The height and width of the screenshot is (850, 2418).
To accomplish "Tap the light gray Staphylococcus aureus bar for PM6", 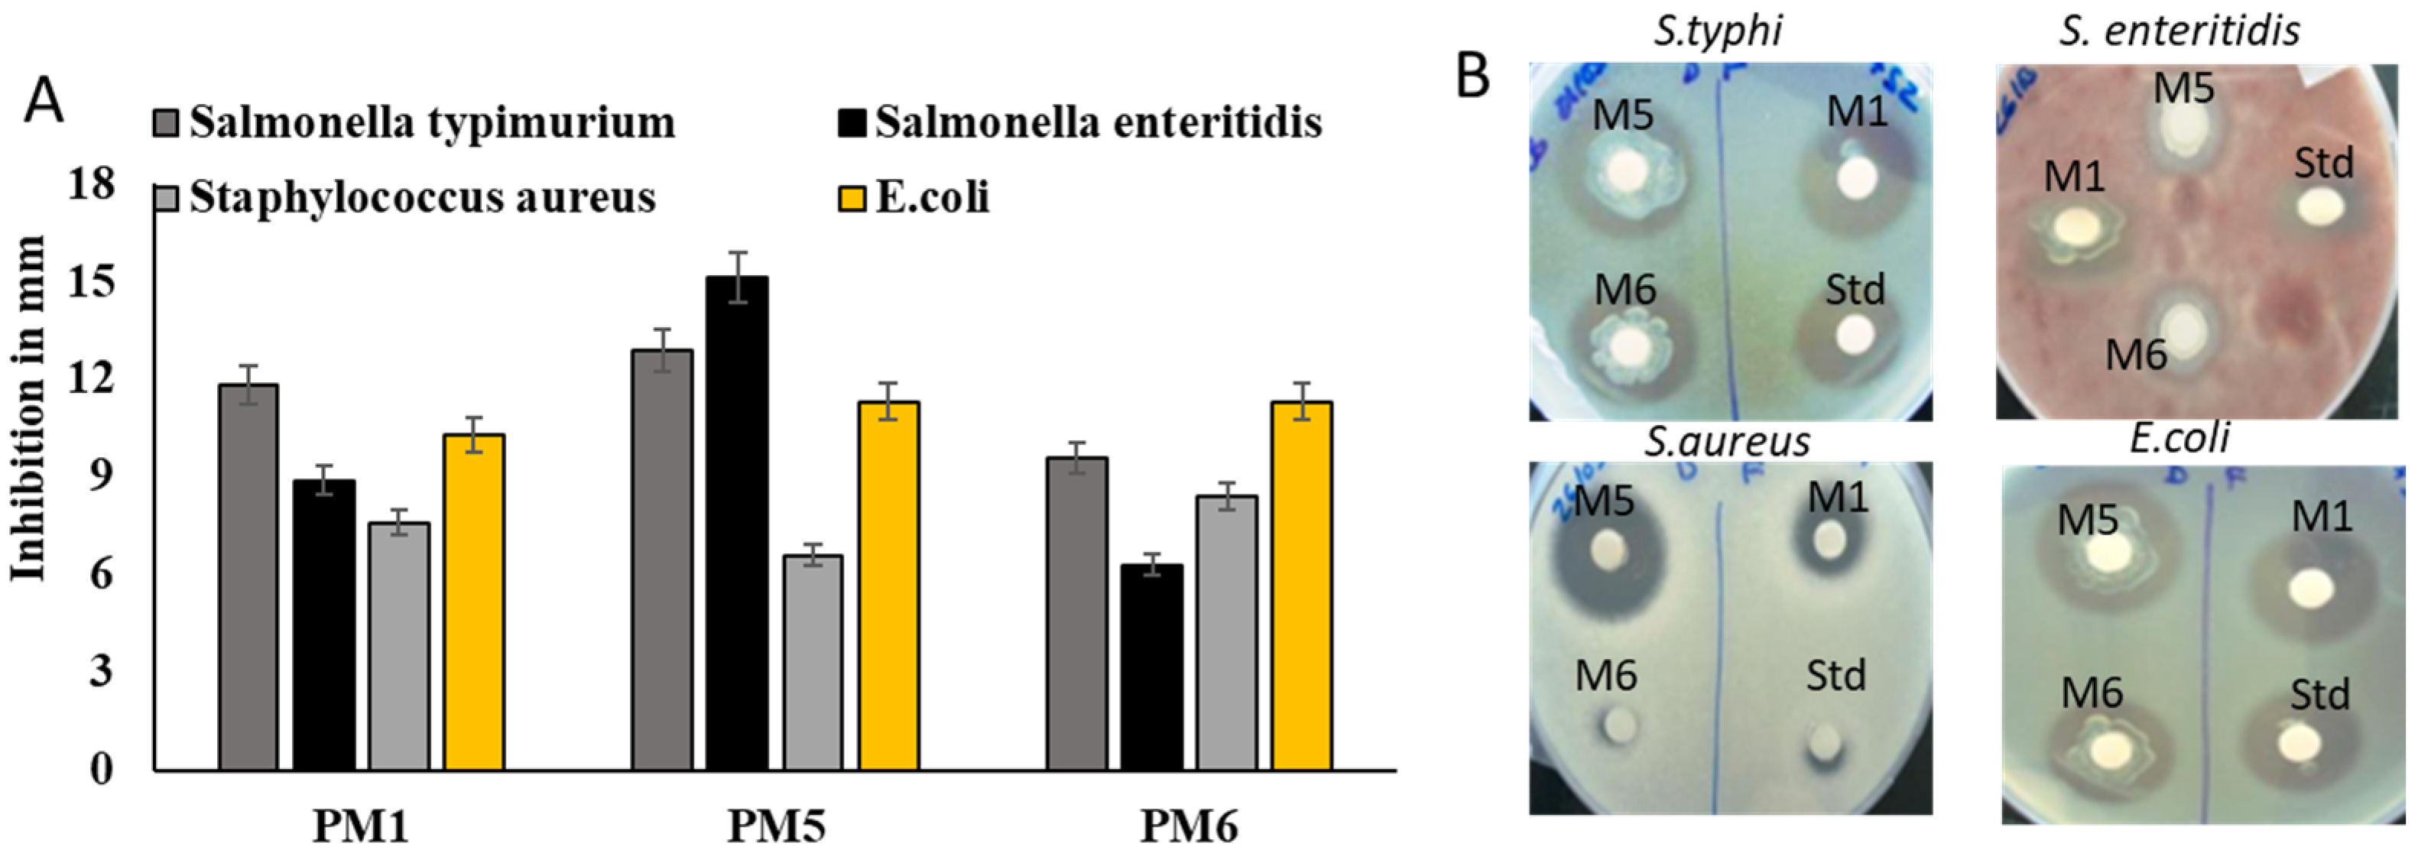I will click(1227, 633).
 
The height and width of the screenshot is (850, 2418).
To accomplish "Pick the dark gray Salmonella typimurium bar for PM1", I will click(248, 577).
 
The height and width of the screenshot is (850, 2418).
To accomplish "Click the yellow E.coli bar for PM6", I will click(1302, 586).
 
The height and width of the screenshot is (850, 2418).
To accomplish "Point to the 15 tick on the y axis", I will click(91, 281).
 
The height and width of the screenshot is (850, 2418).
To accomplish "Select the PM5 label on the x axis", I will click(776, 826).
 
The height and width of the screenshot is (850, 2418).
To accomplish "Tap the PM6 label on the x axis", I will click(1190, 826).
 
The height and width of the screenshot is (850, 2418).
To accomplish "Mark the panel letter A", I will click(44, 102).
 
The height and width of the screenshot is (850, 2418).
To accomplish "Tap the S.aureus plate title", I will click(1727, 441).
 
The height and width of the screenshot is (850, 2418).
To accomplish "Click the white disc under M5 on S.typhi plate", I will click(1627, 172).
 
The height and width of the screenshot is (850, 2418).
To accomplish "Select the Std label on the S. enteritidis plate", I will click(2324, 164).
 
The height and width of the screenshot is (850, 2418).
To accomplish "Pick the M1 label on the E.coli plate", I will click(2322, 516).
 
